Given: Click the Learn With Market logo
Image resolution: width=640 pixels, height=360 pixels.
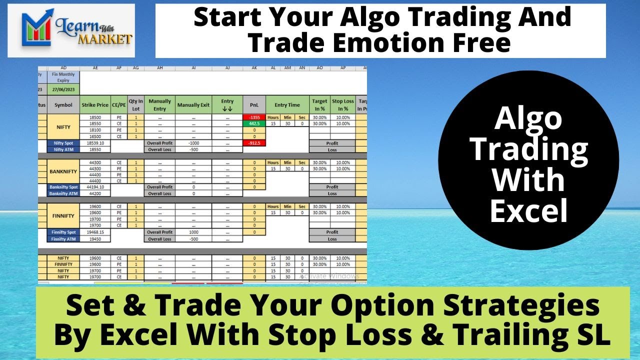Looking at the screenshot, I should [78, 31].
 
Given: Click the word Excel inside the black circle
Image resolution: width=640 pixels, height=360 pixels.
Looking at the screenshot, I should [528, 210].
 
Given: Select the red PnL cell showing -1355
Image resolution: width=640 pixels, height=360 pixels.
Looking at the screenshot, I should [254, 117].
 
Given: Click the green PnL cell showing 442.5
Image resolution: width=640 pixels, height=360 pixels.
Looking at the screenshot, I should [254, 123].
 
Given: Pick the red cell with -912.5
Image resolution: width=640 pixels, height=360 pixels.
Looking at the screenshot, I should [254, 143].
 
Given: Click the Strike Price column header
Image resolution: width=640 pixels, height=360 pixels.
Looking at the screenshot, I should [95, 105].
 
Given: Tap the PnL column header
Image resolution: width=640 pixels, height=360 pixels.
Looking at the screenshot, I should [254, 105].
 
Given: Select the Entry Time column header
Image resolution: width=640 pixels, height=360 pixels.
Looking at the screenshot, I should [287, 105].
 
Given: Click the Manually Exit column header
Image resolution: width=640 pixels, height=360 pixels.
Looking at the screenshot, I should [193, 105].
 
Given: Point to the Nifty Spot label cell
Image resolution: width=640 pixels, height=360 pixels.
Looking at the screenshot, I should [63, 143].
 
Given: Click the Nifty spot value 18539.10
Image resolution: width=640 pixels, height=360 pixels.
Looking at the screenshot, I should [95, 143].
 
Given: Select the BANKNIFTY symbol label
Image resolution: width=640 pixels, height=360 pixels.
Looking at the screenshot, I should [63, 171].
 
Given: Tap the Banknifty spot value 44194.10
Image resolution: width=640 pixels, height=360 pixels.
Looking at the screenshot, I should [95, 187].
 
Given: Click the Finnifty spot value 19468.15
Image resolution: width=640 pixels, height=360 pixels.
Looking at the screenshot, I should [95, 232].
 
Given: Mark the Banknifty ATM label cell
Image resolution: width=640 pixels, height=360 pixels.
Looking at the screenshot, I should [63, 193].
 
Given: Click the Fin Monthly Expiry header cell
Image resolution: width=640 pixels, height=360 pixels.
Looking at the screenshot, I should [63, 77].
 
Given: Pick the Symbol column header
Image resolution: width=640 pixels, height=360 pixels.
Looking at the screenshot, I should [63, 105].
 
